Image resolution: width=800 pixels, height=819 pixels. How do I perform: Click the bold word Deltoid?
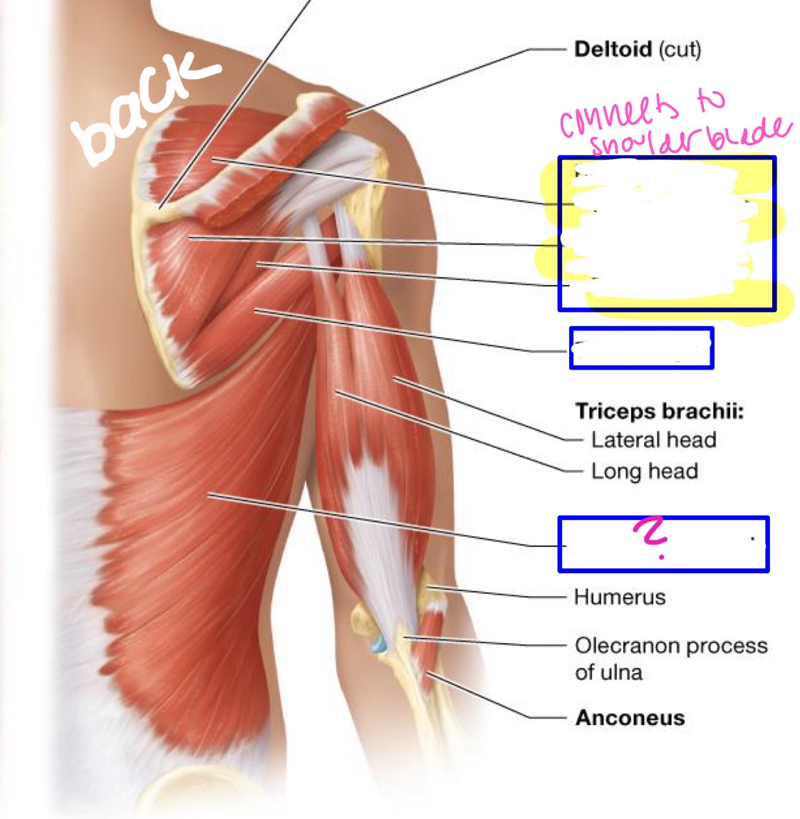click(x=613, y=50)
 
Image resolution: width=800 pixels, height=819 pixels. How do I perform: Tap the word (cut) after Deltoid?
click(x=680, y=50)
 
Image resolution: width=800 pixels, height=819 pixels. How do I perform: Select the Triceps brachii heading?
click(x=659, y=412)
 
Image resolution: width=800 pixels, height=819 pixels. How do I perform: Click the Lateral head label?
click(x=653, y=440)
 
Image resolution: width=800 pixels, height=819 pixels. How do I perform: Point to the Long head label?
click(x=644, y=471)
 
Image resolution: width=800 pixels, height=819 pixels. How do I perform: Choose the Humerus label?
click(x=619, y=597)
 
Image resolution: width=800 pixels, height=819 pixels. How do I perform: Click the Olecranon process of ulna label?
click(x=670, y=658)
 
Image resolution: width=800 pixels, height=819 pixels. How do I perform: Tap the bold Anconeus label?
click(x=630, y=717)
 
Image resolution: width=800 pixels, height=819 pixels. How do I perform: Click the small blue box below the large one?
click(x=641, y=348)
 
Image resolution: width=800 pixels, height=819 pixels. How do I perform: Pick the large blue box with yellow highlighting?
click(x=666, y=234)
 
